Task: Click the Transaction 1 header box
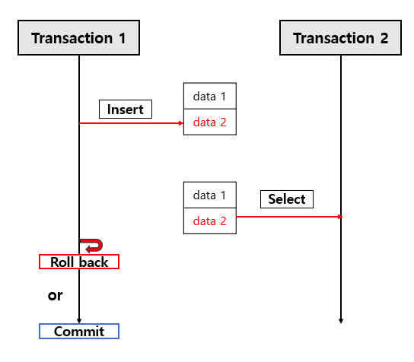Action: click(78, 38)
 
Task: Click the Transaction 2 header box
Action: click(340, 38)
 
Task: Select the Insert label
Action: click(126, 110)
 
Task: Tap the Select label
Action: click(287, 199)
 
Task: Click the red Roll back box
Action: click(79, 262)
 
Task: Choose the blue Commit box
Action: click(79, 332)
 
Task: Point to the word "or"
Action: click(55, 295)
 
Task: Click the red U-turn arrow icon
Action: click(93, 245)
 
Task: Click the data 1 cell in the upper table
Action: click(209, 97)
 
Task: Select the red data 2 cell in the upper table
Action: click(209, 122)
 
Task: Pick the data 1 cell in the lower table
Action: click(209, 195)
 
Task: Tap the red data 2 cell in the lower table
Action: click(209, 221)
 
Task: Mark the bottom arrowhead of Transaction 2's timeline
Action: click(341, 320)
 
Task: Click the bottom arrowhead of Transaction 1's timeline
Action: click(79, 320)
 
